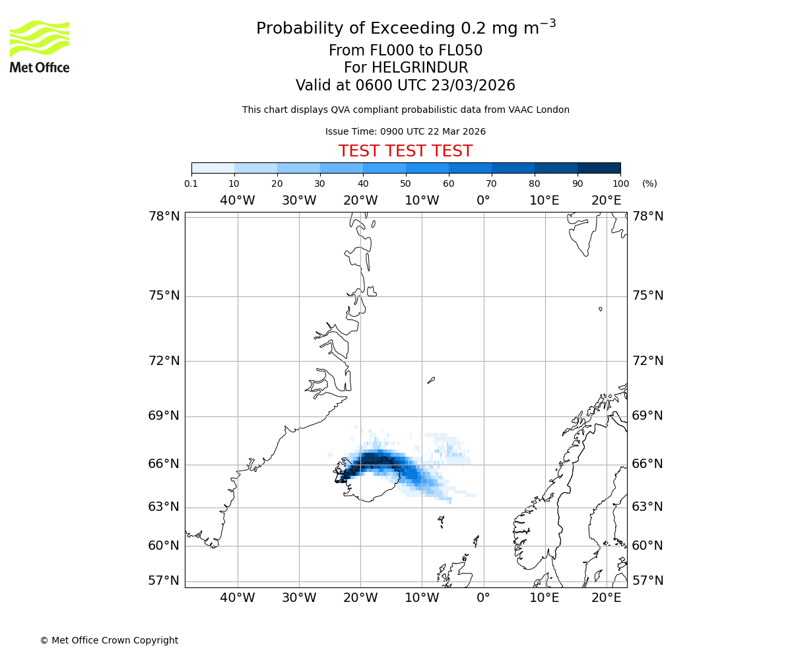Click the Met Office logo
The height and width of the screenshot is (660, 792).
40,46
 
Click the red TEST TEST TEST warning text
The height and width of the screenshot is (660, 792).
405,151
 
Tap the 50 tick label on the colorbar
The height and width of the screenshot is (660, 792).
405,183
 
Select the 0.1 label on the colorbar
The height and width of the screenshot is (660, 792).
191,183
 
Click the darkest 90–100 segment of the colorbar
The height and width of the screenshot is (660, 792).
599,168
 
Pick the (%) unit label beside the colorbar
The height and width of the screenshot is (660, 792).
649,183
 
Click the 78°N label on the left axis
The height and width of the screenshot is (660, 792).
164,216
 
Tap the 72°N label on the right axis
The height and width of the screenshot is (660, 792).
647,361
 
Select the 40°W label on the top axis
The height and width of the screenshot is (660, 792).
237,201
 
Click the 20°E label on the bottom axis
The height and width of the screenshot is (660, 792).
606,598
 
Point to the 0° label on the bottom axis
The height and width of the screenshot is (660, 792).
483,598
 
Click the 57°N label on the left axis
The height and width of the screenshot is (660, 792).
164,581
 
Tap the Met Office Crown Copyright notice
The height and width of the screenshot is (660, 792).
109,640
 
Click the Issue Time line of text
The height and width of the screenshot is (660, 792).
405,131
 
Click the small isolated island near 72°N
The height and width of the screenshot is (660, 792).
431,379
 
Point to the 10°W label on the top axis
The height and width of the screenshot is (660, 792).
422,201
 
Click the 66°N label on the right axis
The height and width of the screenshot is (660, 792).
647,464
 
